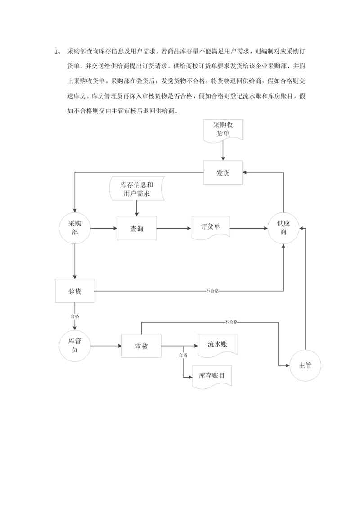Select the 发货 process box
[223, 173]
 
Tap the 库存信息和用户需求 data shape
[137, 189]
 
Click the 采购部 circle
[75, 228]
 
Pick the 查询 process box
[137, 228]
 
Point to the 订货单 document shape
[210, 227]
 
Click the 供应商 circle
[283, 228]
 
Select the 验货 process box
[75, 290]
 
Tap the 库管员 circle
[75, 346]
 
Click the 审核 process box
[142, 346]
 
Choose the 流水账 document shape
[217, 344]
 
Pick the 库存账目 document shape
[212, 374]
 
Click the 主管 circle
[306, 365]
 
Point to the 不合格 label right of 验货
[212, 291]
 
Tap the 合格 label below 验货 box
[75, 316]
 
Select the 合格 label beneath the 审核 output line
[183, 355]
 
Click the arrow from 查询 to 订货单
[173, 228]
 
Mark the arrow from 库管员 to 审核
[106, 346]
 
